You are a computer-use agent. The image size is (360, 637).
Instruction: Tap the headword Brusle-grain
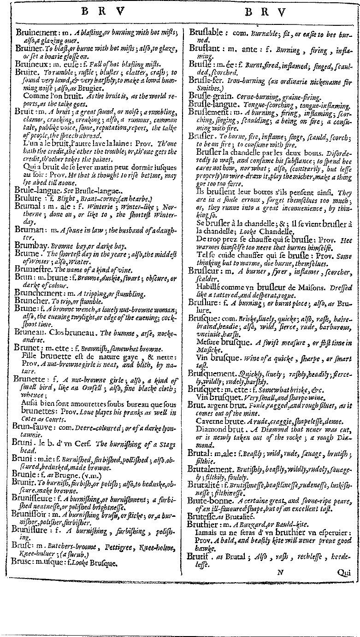[210, 98]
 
